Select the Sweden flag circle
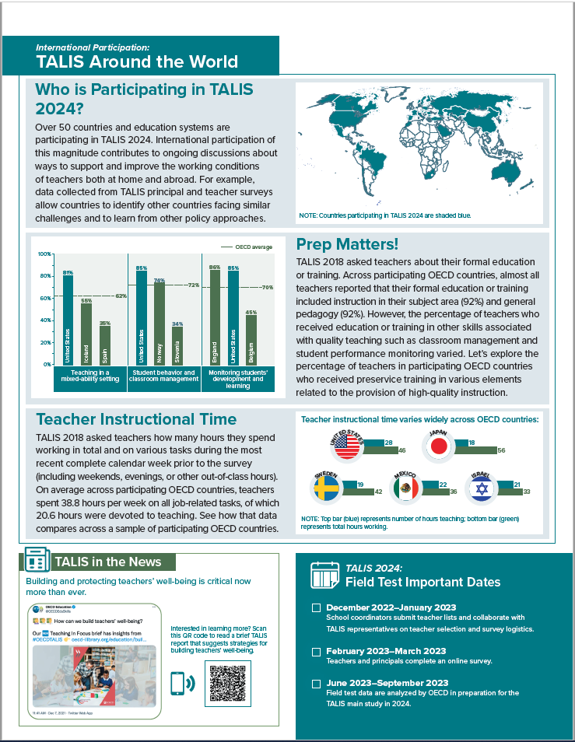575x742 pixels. click(327, 488)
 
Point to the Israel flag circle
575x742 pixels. click(481, 488)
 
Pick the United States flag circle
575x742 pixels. click(346, 446)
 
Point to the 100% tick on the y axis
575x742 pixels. click(44, 254)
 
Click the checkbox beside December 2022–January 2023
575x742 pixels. click(316, 607)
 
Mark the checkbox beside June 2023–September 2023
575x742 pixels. click(316, 683)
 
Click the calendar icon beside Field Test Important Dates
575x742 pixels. click(321, 575)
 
